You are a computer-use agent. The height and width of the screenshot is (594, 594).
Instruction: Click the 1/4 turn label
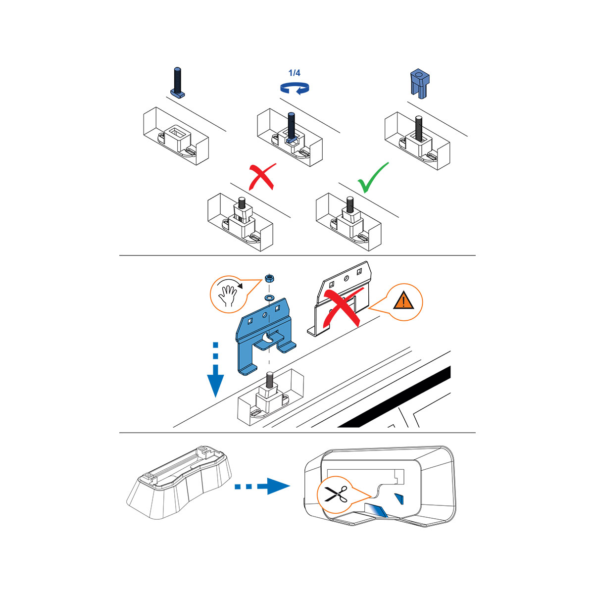point(294,73)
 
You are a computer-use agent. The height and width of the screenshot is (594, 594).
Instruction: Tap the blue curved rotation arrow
point(295,88)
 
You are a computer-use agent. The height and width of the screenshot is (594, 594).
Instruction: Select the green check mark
point(373,178)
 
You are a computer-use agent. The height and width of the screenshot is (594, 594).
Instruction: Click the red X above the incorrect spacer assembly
point(262,177)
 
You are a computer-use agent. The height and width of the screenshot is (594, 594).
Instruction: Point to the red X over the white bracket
point(342,308)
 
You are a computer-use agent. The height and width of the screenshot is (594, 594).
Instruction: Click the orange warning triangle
point(403,301)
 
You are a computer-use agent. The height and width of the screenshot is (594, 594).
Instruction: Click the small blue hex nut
point(269,278)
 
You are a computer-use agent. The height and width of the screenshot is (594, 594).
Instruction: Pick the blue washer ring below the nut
point(270,298)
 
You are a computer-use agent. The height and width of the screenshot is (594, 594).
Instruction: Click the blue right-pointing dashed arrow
point(262,486)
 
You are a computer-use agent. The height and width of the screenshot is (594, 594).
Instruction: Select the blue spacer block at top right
point(420,83)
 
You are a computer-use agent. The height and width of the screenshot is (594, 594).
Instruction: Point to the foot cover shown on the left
point(179,483)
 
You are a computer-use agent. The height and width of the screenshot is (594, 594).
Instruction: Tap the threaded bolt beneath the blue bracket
point(269,380)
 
